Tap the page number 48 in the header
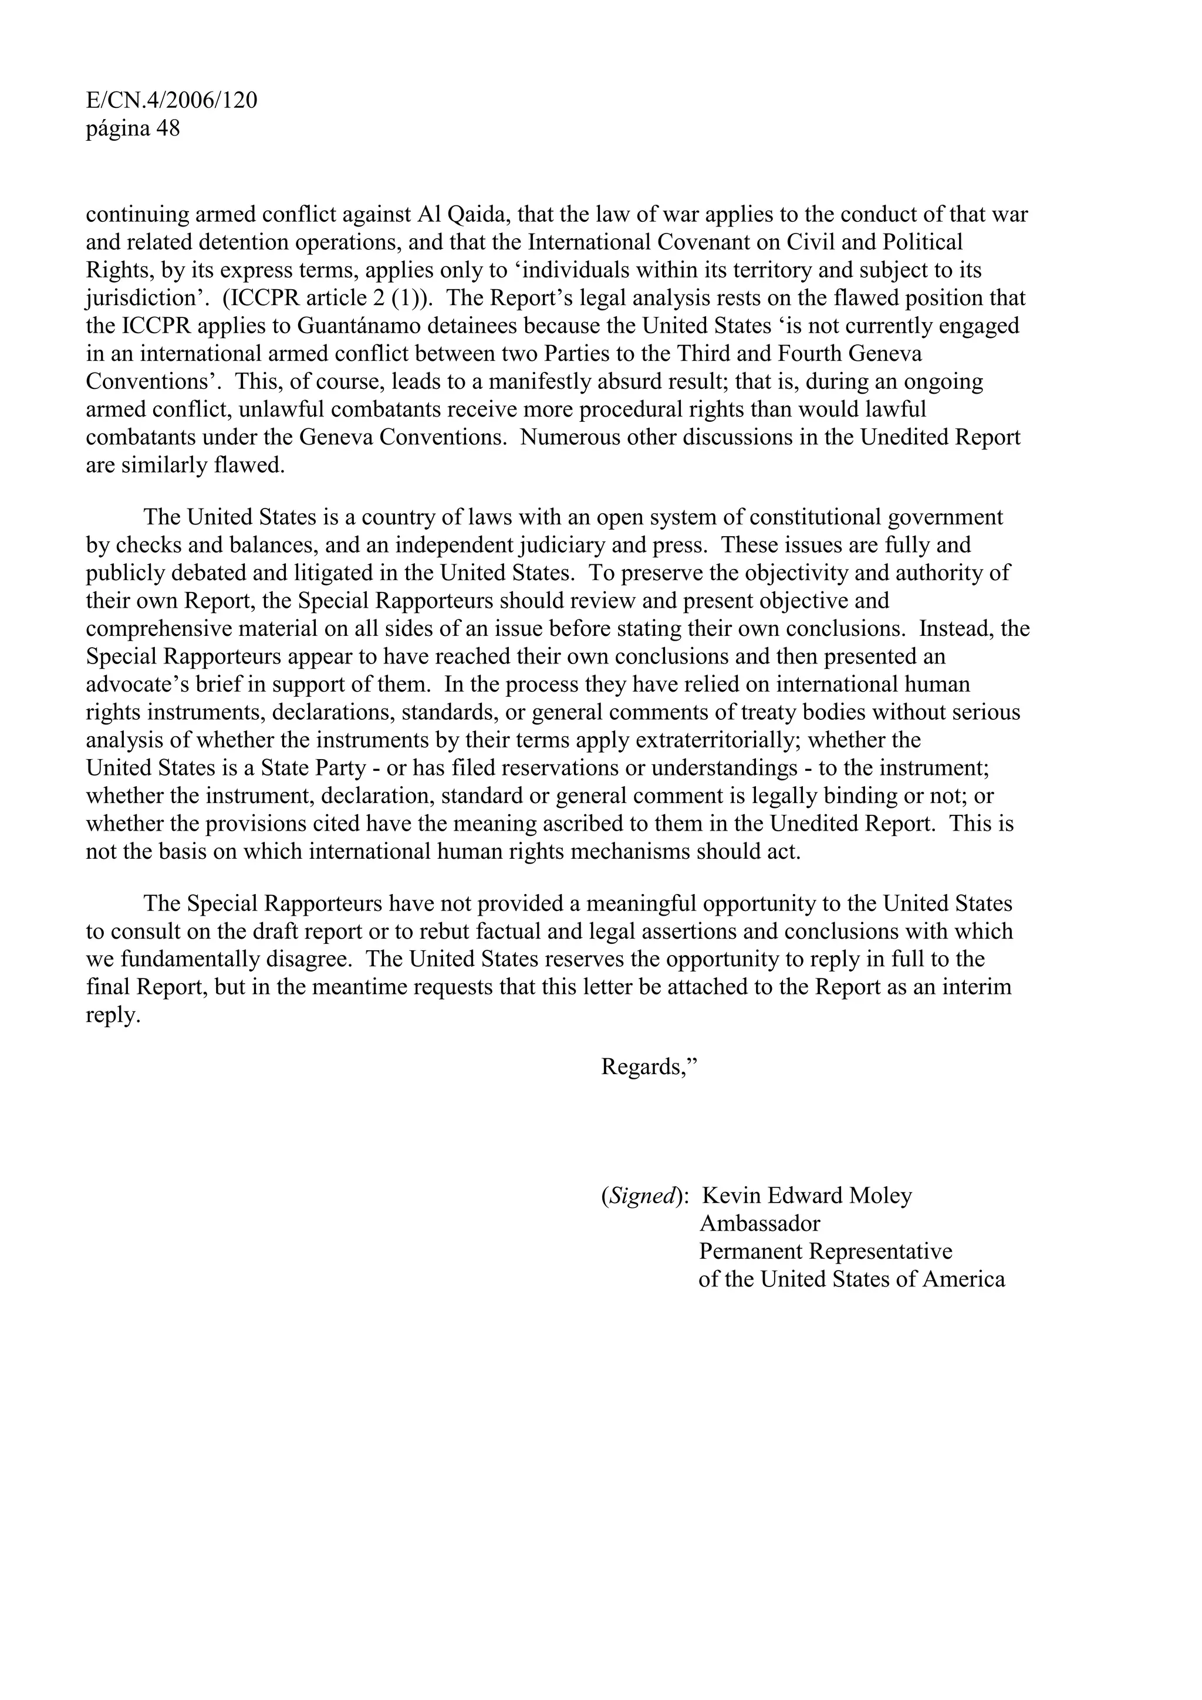pos(167,129)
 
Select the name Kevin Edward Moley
pos(806,1196)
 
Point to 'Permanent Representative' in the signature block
pos(825,1251)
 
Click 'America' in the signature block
pos(963,1279)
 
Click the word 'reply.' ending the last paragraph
pos(113,1016)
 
